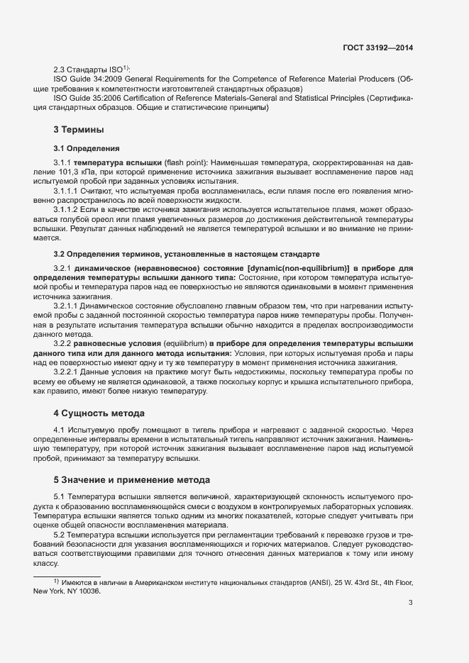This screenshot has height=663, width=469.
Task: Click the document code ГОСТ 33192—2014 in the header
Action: point(377,48)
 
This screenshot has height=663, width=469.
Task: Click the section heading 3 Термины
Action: point(79,130)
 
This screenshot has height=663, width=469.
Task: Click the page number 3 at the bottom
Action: point(411,603)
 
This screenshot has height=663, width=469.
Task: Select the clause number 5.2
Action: point(59,533)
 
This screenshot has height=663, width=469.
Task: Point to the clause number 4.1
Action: point(59,430)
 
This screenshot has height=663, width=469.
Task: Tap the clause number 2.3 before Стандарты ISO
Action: point(60,69)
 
